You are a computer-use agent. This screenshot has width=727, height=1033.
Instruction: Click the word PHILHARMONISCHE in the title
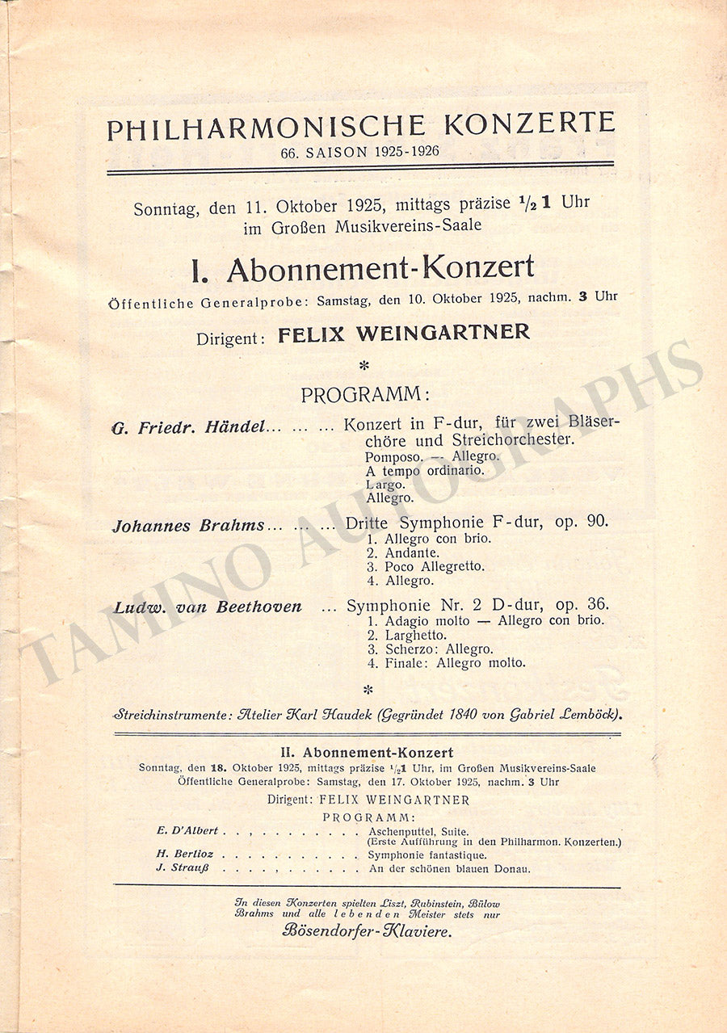266,128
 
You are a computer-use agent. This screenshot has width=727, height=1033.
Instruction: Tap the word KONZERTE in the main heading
528,124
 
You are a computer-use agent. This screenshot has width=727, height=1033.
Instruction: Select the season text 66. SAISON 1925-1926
360,151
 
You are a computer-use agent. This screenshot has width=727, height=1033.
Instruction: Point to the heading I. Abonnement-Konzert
363,268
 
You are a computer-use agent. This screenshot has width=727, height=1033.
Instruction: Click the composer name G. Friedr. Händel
189,427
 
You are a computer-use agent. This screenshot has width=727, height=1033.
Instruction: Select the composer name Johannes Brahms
188,526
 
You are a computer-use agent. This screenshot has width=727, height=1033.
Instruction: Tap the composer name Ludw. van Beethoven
208,607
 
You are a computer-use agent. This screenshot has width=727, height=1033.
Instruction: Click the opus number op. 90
582,522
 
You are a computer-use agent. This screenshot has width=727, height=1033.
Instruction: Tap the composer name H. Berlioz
185,854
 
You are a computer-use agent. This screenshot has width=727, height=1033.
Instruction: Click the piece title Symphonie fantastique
427,855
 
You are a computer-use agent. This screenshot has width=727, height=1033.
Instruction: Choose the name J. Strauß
185,868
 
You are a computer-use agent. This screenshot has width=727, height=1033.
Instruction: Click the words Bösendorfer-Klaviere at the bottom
368,930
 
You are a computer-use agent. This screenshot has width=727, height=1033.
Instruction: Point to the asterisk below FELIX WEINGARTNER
364,366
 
